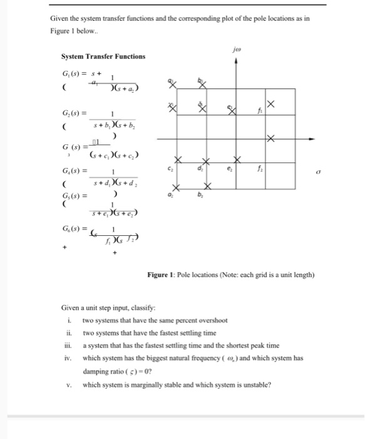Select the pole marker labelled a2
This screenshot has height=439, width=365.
176,188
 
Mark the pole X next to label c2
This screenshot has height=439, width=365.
177,159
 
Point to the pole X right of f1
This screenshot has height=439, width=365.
270,103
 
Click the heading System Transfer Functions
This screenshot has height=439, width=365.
103,56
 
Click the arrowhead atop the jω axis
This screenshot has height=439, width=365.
236,61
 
